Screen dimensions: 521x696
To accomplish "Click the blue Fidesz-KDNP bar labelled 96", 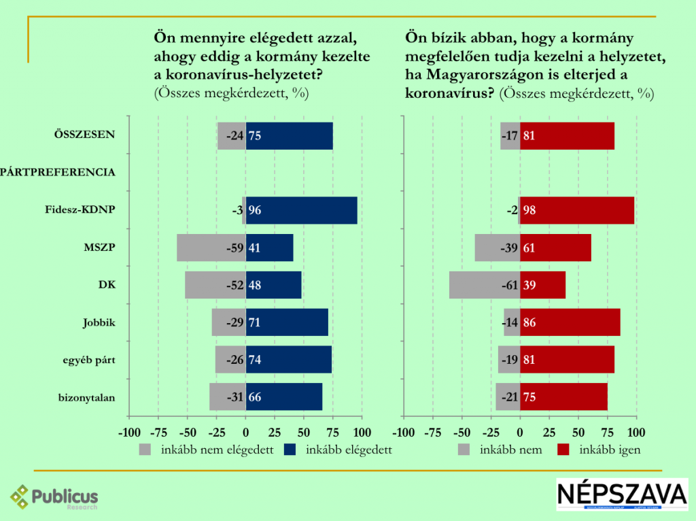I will [302, 210].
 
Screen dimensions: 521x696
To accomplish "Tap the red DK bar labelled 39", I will [542, 285].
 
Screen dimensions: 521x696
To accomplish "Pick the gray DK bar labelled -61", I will [485, 285].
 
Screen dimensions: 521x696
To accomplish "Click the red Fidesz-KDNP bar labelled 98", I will [577, 210].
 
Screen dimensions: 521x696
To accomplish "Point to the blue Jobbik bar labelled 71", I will [287, 322].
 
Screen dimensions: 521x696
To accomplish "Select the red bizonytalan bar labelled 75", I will [563, 397].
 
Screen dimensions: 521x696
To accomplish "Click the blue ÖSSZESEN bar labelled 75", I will [290, 135].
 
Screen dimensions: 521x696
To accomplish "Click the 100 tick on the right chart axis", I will [637, 432].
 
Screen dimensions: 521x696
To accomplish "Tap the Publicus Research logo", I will [54, 497].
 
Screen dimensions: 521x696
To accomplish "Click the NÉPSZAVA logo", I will [622, 494].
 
